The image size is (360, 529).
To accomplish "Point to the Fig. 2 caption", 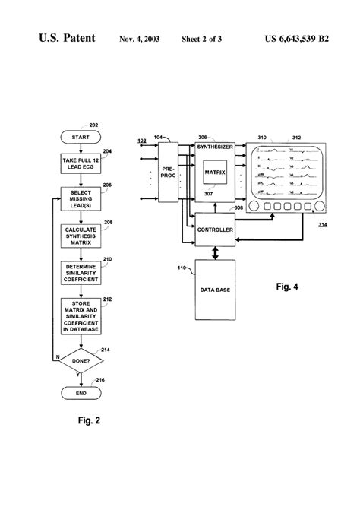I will (x=88, y=420).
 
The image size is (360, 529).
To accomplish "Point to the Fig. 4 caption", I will (x=288, y=287).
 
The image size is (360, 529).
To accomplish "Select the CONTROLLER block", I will (x=214, y=230).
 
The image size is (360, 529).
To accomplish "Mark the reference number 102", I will (x=142, y=141).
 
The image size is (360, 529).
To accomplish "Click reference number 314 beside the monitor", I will (x=324, y=225).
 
